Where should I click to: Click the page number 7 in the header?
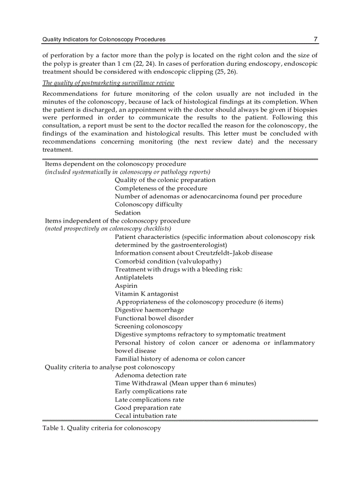pyautogui.click(x=315, y=39)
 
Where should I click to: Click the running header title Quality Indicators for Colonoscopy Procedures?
pyautogui.click(x=104, y=40)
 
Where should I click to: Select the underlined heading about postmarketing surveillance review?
pyautogui.click(x=108, y=83)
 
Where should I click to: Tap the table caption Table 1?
pyautogui.click(x=101, y=428)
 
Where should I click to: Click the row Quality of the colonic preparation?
pyautogui.click(x=165, y=180)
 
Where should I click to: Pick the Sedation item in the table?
pyautogui.click(x=127, y=212)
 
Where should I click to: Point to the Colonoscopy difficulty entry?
pyautogui.click(x=148, y=205)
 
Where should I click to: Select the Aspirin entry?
pyautogui.click(x=126, y=286)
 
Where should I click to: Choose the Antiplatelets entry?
pyautogui.click(x=134, y=277)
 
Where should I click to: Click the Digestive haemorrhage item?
pyautogui.click(x=149, y=310)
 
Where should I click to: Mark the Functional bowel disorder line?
pyautogui.click(x=154, y=318)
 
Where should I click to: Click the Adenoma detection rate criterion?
pyautogui.click(x=150, y=375)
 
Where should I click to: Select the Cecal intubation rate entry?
pyautogui.click(x=146, y=416)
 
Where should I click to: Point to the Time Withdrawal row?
pyautogui.click(x=185, y=383)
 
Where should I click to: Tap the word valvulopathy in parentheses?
pyautogui.click(x=199, y=261)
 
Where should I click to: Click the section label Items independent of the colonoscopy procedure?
pyautogui.click(x=118, y=220)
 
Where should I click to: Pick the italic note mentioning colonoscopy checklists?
pyautogui.click(x=108, y=229)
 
